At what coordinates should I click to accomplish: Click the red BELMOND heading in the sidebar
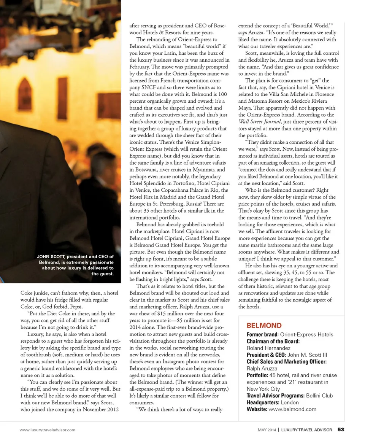[264, 326]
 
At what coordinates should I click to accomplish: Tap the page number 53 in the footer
[341, 430]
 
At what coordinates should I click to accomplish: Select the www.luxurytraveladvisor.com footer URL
[48, 430]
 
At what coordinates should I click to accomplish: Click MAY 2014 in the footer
[267, 430]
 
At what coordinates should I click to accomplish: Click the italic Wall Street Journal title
[260, 121]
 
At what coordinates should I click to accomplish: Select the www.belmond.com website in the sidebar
[292, 409]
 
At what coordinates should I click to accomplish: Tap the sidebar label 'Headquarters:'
[262, 402]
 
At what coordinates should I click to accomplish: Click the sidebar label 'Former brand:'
[262, 334]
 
